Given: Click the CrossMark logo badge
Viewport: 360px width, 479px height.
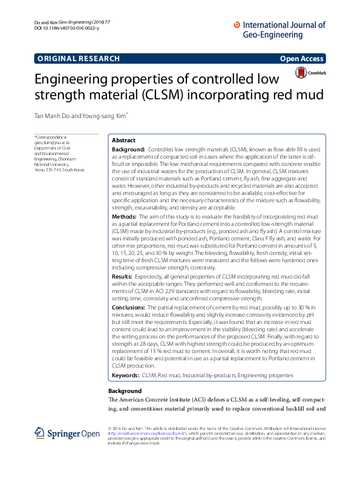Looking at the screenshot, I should [x=310, y=73].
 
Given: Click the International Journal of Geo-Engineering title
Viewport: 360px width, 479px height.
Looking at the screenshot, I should [x=279, y=30].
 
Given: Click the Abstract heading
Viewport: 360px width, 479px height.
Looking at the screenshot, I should [x=124, y=139].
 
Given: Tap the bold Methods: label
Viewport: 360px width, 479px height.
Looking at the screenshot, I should [x=125, y=216].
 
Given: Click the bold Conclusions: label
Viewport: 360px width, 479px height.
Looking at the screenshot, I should [x=129, y=308].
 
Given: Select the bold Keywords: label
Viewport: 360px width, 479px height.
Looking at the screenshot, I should [x=126, y=375].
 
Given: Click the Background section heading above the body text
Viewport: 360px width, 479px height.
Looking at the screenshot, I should [x=125, y=391].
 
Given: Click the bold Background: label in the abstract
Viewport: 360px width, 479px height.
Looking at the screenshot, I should [x=129, y=148].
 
